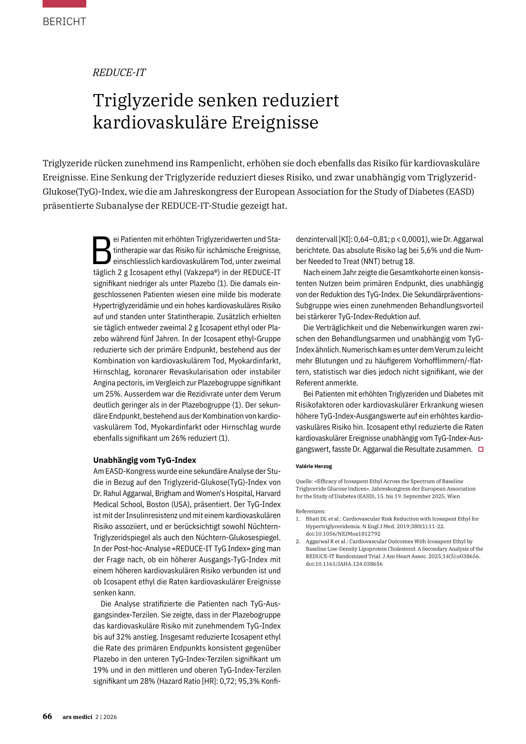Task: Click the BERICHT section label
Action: (64, 22)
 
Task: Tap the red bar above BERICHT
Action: (64, 3)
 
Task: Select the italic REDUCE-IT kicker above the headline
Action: (119, 72)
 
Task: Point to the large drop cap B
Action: (102, 250)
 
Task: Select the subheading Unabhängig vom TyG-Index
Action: (144, 460)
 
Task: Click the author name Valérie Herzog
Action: (314, 466)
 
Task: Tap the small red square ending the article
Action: (481, 449)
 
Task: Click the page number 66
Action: (47, 716)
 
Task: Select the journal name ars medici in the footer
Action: (77, 717)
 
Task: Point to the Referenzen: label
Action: (310, 511)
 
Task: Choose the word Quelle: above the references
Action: (304, 481)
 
